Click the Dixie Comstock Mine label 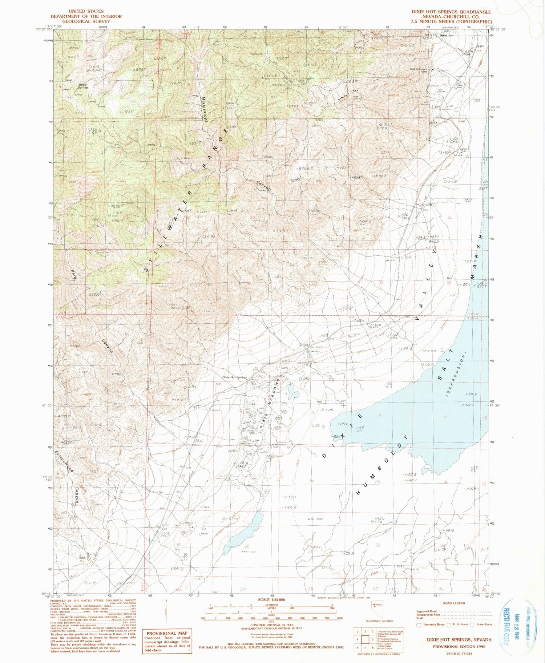click(x=418, y=70)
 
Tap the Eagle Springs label click(x=83, y=86)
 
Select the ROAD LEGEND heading click(x=454, y=603)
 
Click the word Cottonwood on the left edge click(x=65, y=461)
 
